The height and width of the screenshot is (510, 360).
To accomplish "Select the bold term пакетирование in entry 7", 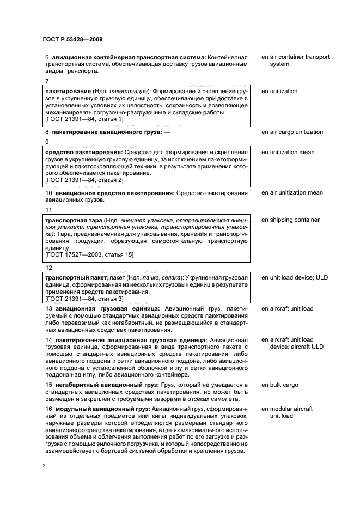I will click(x=68, y=92).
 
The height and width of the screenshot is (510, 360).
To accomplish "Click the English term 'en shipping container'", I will click(x=290, y=220).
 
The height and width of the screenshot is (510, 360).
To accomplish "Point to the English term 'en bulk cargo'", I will click(x=280, y=385).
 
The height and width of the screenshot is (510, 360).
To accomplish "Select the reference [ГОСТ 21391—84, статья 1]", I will click(x=84, y=119).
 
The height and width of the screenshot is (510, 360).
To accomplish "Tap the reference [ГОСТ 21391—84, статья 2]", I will click(x=84, y=180).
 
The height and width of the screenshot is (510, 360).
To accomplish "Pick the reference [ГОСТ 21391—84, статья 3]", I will click(x=84, y=299).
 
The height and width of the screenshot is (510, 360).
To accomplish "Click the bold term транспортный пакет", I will click(x=74, y=278).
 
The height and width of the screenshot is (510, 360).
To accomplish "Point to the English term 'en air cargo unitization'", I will click(x=292, y=132).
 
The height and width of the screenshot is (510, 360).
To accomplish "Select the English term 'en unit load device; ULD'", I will click(x=295, y=278).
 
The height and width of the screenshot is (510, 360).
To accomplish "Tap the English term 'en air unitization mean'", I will click(x=292, y=192).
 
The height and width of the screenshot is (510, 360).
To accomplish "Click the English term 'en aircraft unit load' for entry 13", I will click(x=287, y=308).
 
